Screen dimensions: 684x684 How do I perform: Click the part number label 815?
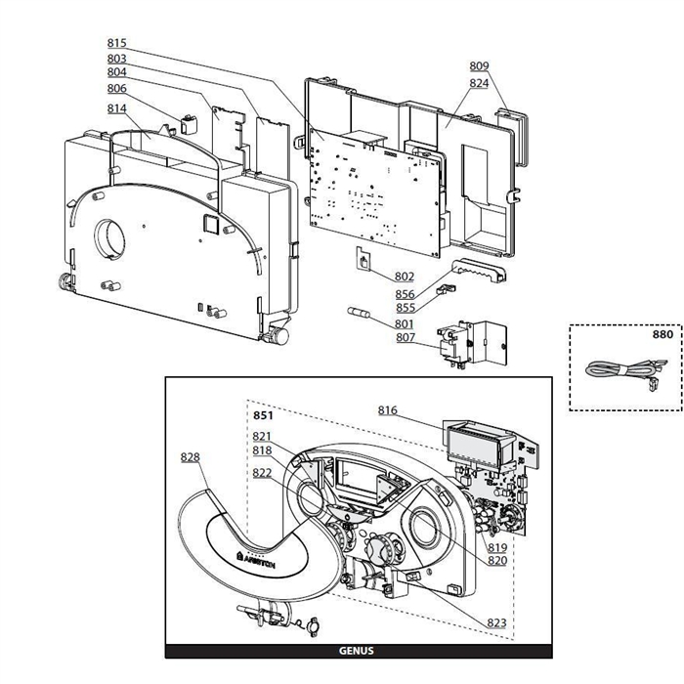tap(117, 43)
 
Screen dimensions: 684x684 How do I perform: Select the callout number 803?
tap(117, 59)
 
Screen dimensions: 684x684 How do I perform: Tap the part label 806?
tap(117, 88)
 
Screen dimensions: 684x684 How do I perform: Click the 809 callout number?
tap(479, 65)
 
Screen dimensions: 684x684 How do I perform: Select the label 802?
tap(405, 277)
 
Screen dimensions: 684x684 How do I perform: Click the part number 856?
tap(405, 294)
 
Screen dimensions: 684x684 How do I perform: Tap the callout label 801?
tap(405, 323)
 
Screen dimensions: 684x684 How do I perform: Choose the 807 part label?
tap(405, 338)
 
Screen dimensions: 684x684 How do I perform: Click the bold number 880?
tap(663, 334)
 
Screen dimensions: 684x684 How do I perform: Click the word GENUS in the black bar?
tap(356, 651)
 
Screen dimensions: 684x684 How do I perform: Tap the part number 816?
tap(388, 410)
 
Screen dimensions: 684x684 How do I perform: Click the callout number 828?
tap(192, 456)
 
